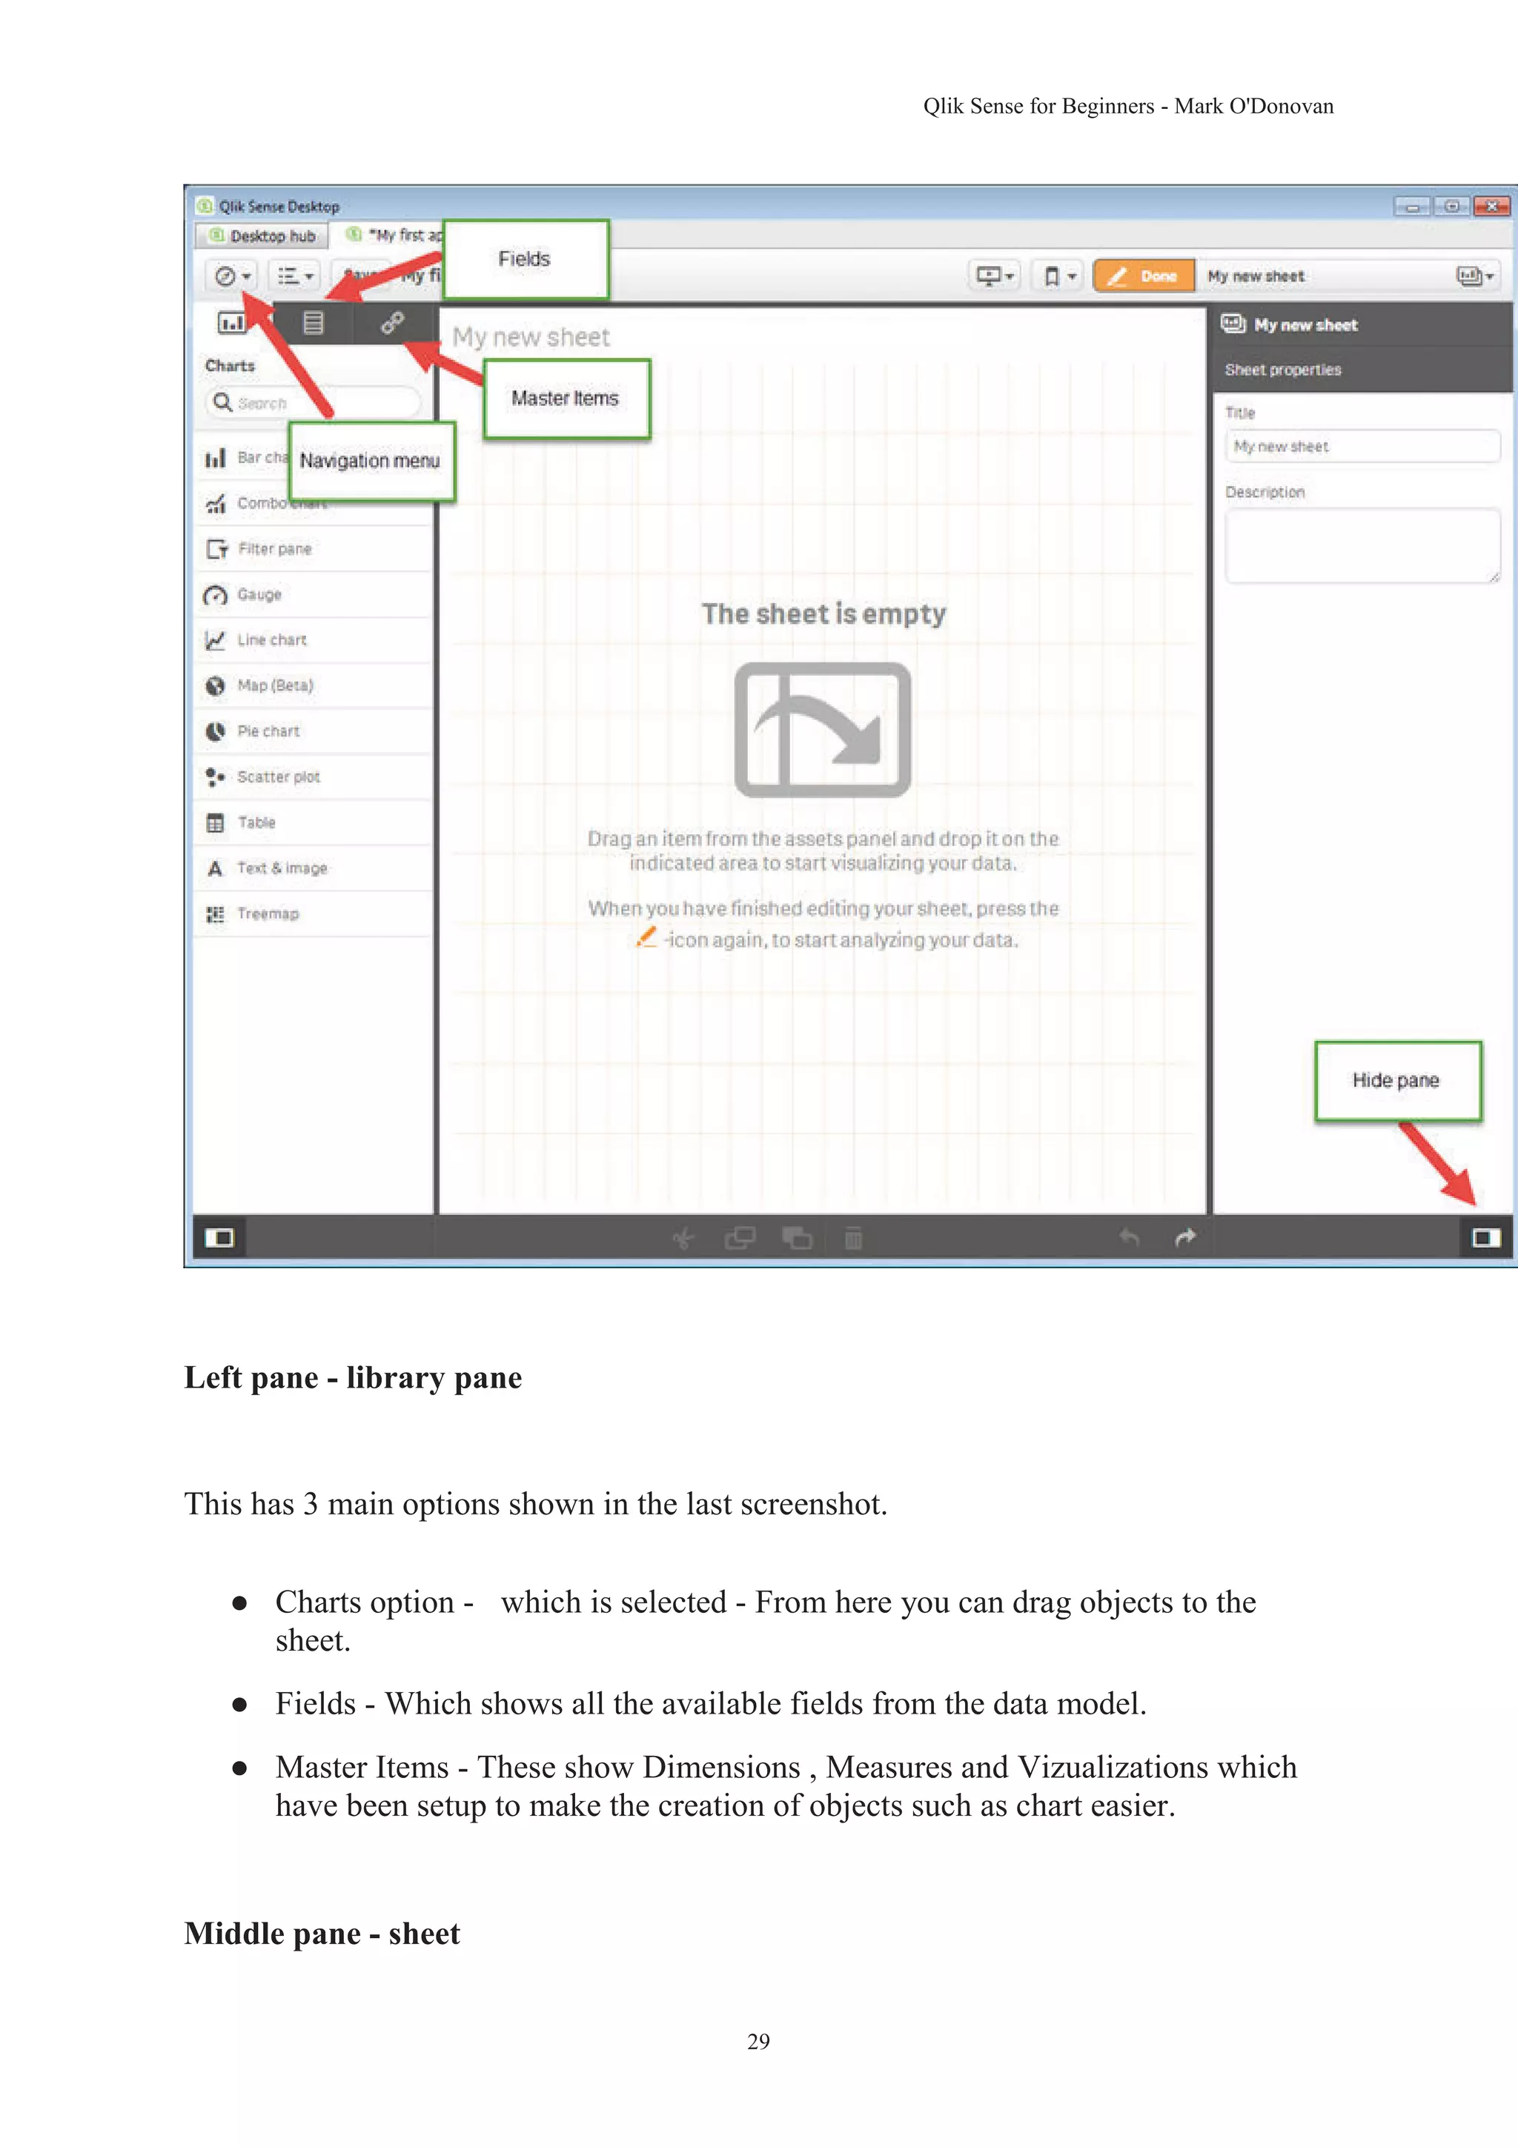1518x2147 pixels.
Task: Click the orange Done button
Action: [x=1144, y=276]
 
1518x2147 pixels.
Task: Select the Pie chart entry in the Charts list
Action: [x=268, y=731]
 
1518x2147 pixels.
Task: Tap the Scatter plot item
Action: [x=278, y=777]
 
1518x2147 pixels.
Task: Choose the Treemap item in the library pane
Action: [x=268, y=913]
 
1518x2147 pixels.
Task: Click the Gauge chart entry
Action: [x=259, y=595]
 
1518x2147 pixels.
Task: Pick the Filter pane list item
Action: [x=274, y=549]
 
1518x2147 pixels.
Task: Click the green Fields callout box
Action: [x=525, y=259]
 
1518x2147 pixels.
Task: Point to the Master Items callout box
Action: [x=566, y=399]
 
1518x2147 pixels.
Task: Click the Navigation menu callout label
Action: [x=371, y=460]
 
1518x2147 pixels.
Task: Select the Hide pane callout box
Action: [x=1397, y=1080]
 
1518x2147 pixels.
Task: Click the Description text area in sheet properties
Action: [x=1362, y=545]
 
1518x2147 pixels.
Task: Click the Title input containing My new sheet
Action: [x=1362, y=446]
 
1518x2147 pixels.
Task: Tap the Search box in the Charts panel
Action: [x=312, y=403]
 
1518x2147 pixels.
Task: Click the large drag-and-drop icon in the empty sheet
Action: [x=822, y=730]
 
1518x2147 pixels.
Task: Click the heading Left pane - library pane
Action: [x=353, y=1377]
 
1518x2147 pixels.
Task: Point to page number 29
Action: [x=758, y=2041]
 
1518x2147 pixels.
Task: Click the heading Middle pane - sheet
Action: [x=322, y=1933]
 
